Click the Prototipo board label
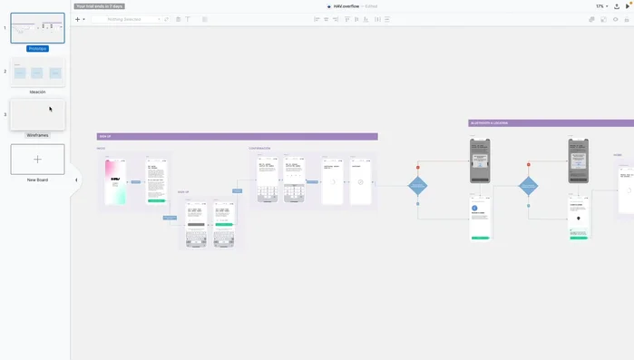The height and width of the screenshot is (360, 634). (37, 48)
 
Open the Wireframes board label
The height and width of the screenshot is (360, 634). (37, 134)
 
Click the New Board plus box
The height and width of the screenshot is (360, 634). (37, 159)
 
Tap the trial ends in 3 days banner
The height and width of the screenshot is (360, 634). (100, 5)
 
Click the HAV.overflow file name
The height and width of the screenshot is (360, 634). (346, 5)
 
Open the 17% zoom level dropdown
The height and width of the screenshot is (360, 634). (602, 5)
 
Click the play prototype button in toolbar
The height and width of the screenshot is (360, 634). (628, 5)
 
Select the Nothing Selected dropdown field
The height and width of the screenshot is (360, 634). (127, 18)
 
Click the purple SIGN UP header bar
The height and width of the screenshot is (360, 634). (237, 137)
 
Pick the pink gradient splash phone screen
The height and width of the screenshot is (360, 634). (115, 181)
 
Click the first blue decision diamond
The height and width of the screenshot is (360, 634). (418, 186)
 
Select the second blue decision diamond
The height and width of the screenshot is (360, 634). (529, 186)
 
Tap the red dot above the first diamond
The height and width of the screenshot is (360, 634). (418, 167)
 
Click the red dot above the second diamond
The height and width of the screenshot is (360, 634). (529, 166)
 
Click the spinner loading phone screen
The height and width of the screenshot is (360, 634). (332, 181)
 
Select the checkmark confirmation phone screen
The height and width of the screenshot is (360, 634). (360, 181)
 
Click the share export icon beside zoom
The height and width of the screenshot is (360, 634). (617, 5)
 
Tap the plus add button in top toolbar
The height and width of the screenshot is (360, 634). (77, 18)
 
